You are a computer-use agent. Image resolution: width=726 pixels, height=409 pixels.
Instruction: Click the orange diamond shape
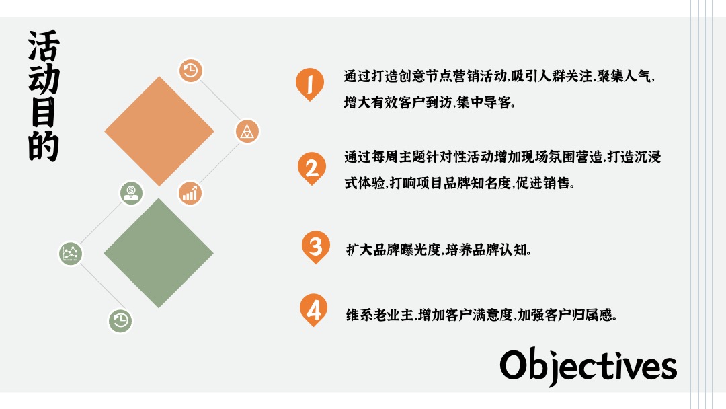click(159, 131)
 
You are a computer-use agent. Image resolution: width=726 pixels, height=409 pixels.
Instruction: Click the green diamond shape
click(159, 253)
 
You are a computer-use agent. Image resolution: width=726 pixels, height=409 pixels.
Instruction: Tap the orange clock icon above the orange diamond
click(191, 71)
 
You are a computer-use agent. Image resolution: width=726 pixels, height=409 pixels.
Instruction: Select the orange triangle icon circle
click(247, 131)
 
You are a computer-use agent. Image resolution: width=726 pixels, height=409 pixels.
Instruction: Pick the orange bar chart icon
click(190, 193)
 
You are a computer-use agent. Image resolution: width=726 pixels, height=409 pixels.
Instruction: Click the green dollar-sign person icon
click(132, 193)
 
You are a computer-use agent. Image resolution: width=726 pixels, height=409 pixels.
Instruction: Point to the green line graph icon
click(71, 253)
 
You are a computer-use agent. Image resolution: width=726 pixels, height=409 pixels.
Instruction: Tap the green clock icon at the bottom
click(121, 320)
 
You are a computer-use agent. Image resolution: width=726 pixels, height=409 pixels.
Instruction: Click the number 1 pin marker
click(310, 83)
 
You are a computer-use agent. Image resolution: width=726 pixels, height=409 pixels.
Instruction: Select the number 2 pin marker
click(311, 167)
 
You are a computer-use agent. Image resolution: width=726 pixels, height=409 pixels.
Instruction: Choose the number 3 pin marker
click(315, 246)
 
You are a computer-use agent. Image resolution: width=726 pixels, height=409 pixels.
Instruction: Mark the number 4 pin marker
click(313, 309)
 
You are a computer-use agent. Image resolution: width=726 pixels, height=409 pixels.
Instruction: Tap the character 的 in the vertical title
click(44, 147)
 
